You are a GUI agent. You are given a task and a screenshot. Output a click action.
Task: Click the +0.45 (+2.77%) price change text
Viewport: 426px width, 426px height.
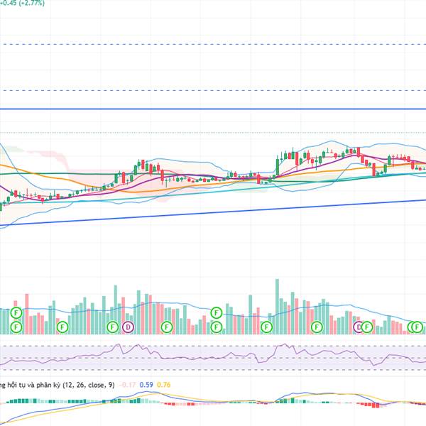(23, 4)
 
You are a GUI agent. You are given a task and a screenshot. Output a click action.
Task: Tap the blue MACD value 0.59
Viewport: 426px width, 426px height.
(146, 386)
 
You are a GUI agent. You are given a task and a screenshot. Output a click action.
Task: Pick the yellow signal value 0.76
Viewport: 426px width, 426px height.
(163, 386)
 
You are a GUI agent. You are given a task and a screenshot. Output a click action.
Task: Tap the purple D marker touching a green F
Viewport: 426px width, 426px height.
(359, 327)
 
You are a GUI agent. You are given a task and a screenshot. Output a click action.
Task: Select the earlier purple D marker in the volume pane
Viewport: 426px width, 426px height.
(128, 327)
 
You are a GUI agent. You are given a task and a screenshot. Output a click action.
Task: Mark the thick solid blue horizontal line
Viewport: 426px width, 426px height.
(213, 109)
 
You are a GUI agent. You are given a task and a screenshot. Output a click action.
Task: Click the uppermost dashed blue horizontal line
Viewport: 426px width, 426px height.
(213, 44)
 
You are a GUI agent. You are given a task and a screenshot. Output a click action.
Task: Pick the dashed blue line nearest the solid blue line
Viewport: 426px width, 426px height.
(213, 90)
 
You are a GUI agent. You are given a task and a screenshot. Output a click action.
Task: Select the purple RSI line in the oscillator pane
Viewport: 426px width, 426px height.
(213, 354)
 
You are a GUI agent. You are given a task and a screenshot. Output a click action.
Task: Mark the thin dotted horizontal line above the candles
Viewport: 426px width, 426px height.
(213, 132)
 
